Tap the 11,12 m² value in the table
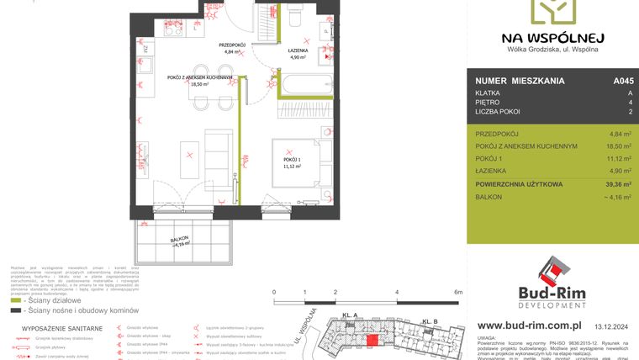click(621, 158)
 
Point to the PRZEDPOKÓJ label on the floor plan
click(231, 45)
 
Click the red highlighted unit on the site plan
click(372, 340)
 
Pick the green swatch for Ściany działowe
click(16, 299)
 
